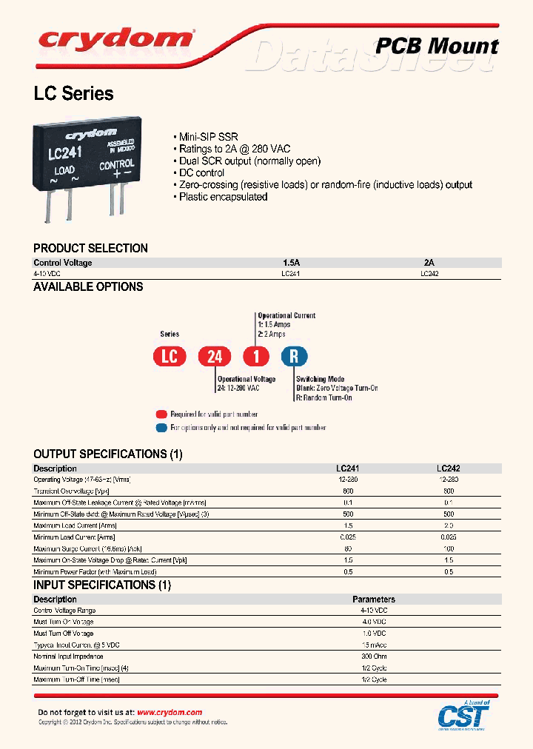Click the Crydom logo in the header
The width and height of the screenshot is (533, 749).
(115, 38)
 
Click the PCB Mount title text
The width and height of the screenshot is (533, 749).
(438, 46)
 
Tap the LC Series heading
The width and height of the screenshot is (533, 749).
(73, 94)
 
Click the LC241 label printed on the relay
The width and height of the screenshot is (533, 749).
(64, 153)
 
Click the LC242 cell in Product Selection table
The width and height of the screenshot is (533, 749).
(429, 273)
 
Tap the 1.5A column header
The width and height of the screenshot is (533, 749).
(291, 263)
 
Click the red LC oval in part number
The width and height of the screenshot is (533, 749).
(170, 357)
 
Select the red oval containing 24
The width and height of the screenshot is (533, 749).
(215, 357)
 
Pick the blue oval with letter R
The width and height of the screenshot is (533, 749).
(294, 357)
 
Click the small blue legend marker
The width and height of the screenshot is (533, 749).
(161, 428)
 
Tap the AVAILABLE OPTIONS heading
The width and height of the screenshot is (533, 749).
(88, 287)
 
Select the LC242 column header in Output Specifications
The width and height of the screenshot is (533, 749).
(449, 468)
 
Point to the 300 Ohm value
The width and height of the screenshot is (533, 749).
(374, 656)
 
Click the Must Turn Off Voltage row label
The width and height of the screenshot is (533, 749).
(64, 634)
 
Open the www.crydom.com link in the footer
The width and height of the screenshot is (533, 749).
(170, 712)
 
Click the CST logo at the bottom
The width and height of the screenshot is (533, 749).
(463, 715)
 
